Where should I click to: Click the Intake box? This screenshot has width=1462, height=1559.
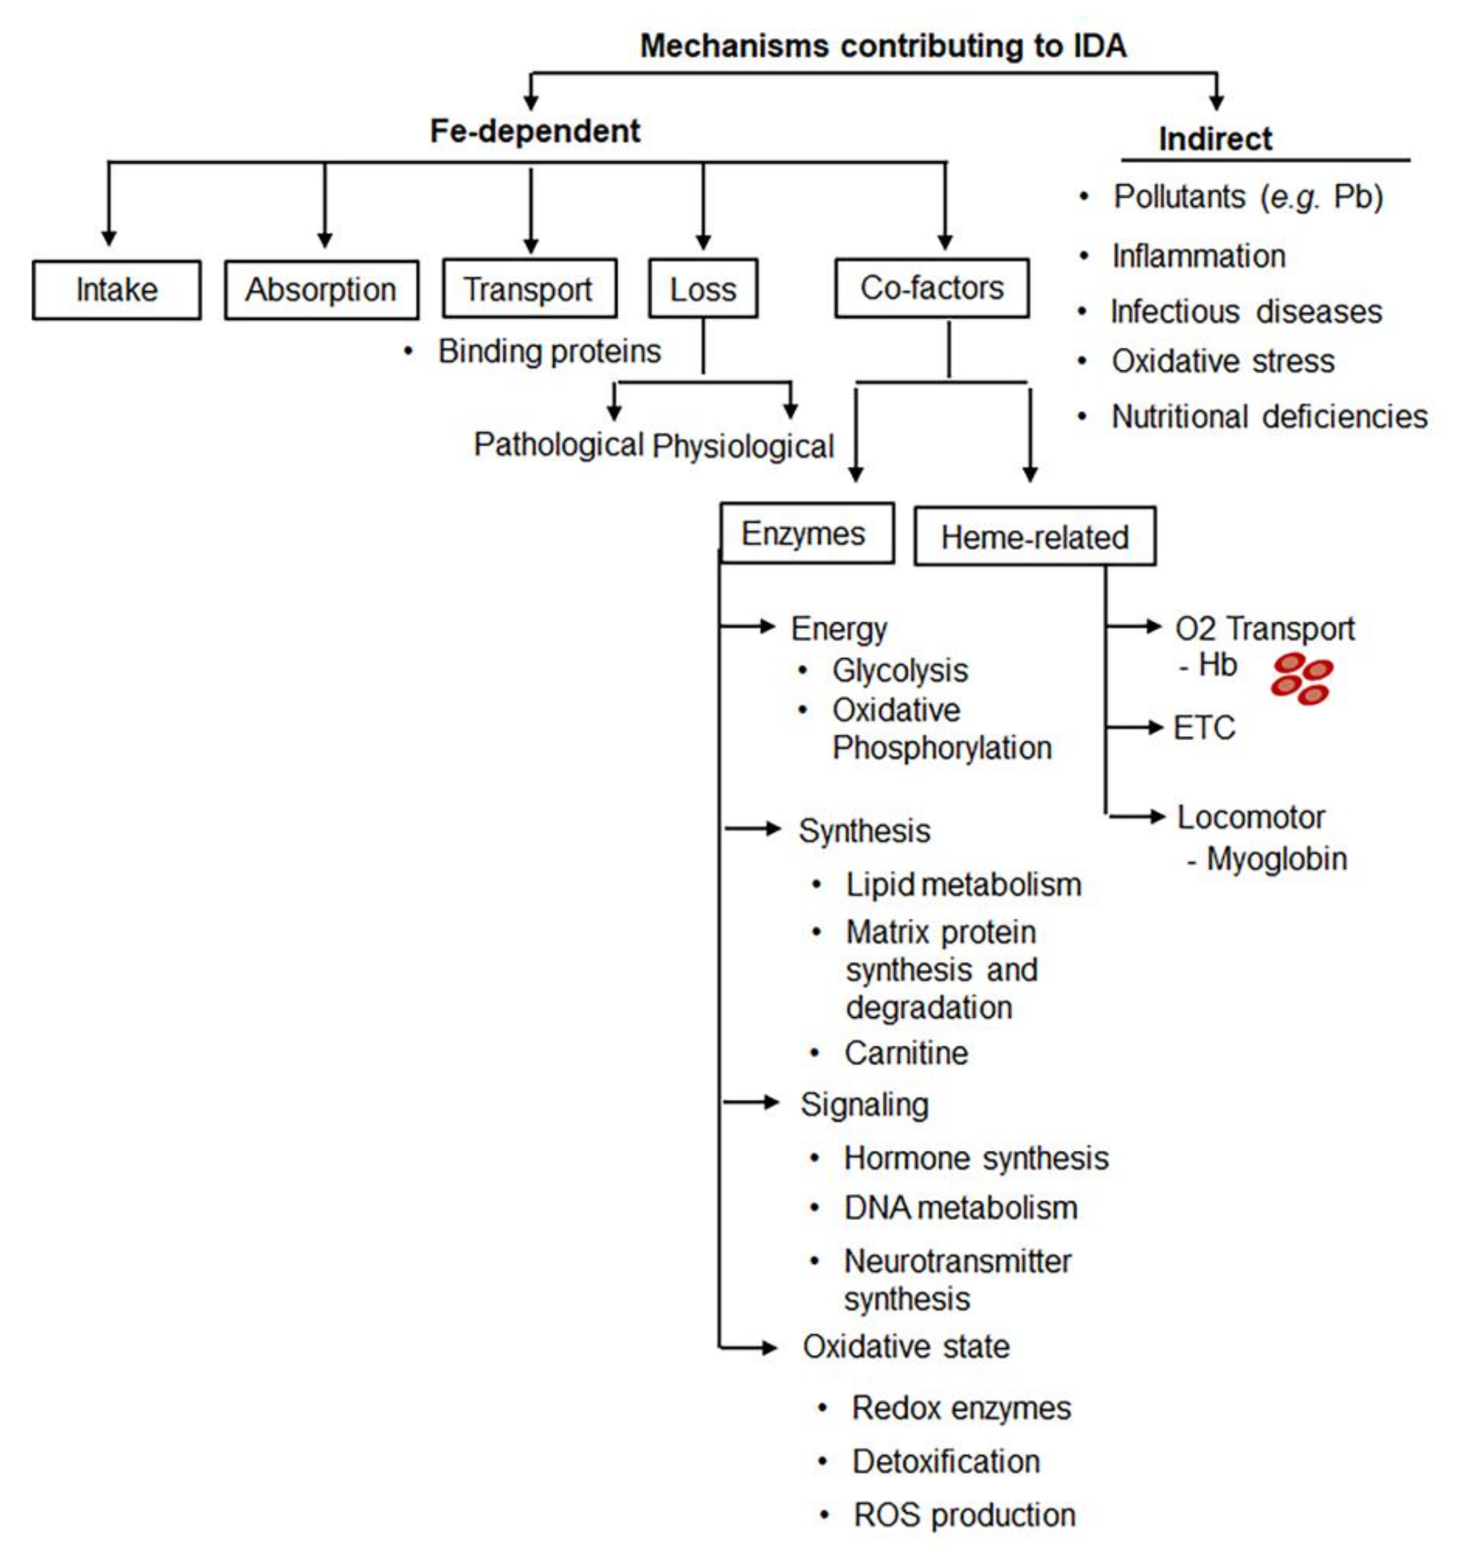click(116, 290)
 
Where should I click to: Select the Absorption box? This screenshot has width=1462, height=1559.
click(321, 290)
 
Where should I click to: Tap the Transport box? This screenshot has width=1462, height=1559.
click(529, 289)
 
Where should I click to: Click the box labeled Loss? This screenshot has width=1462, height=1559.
click(703, 289)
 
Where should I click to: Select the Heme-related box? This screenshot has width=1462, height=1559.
click(1034, 536)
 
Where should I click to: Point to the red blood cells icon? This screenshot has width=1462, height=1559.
click(1301, 678)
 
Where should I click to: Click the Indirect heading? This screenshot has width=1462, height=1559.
click(1215, 139)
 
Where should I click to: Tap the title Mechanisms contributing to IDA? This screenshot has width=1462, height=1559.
click(883, 45)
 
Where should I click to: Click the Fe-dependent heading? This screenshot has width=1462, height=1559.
click(535, 130)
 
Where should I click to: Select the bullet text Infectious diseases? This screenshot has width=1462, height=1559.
click(1246, 311)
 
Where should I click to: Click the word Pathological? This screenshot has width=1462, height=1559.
click(558, 445)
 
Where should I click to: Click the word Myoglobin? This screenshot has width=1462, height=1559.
click(1276, 859)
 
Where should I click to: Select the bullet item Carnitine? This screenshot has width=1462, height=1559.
click(906, 1052)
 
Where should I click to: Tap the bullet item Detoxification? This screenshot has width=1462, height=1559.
click(945, 1461)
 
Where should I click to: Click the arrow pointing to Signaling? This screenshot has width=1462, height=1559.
click(751, 1102)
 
